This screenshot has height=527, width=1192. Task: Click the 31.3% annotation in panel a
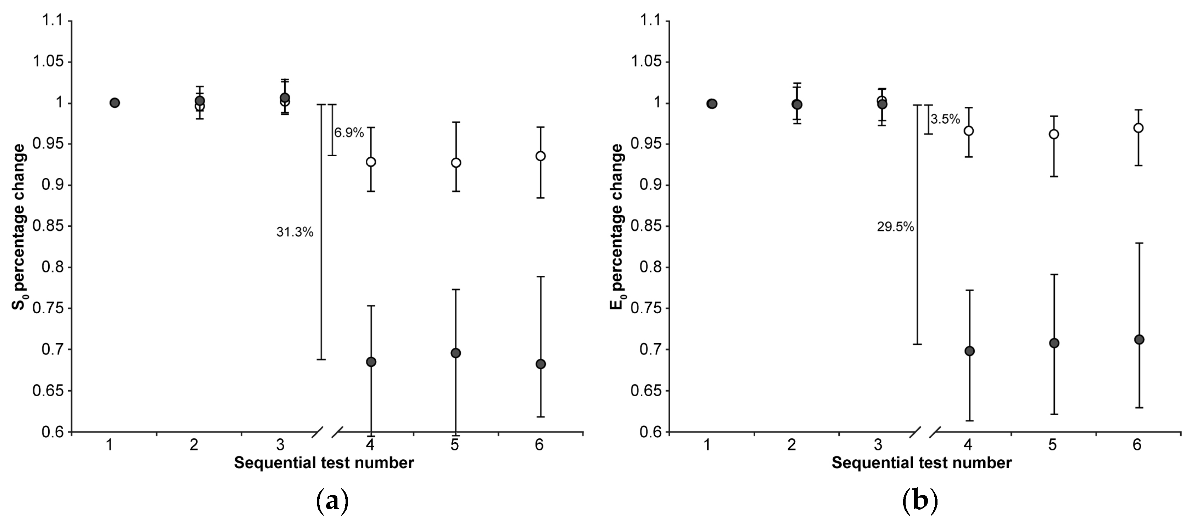click(295, 232)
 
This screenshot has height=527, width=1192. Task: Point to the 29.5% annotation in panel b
click(895, 227)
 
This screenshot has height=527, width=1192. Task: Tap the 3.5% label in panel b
click(945, 119)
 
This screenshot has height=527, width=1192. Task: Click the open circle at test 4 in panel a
click(371, 162)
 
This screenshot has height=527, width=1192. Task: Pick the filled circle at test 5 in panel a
click(456, 353)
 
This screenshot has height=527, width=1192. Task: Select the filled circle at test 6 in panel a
click(541, 364)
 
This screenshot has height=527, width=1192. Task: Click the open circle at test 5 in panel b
click(1054, 134)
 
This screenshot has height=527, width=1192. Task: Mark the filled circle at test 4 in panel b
click(969, 351)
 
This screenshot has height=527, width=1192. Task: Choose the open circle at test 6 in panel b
click(1139, 128)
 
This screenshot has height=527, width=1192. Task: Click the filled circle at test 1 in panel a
click(115, 103)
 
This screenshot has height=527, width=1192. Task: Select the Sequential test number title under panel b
click(922, 463)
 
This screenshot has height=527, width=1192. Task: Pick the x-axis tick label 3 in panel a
click(280, 445)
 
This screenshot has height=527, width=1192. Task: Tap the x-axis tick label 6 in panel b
click(1137, 445)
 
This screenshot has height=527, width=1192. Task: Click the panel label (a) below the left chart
click(332, 501)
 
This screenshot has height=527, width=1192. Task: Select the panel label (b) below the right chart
click(920, 501)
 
